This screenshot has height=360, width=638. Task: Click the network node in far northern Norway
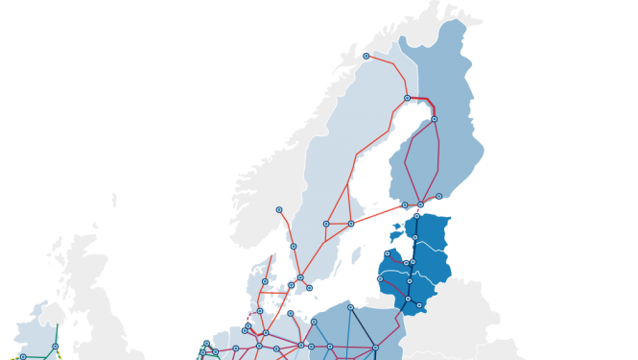pyautogui.click(x=366, y=56)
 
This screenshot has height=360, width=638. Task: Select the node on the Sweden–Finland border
pyautogui.click(x=407, y=98)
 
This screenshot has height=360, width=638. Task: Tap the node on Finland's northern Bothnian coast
pyautogui.click(x=434, y=119)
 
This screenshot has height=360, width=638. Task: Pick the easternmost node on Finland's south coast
pyautogui.click(x=439, y=196)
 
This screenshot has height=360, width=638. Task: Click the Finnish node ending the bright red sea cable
pyautogui.click(x=404, y=204)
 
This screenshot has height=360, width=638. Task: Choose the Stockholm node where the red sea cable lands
pyautogui.click(x=351, y=224)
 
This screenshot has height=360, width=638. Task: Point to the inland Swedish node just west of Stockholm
pyautogui.click(x=326, y=224)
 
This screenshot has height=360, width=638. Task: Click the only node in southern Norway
pyautogui.click(x=279, y=209)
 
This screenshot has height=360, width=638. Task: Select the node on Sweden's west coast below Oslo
pyautogui.click(x=294, y=247)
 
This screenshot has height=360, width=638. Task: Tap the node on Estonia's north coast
pyautogui.click(x=416, y=215)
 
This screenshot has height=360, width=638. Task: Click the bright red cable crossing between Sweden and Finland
pyautogui.click(x=377, y=214)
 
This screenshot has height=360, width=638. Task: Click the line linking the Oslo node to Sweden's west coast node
pyautogui.click(x=287, y=227)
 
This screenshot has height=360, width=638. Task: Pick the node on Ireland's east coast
pyautogui.click(x=56, y=346)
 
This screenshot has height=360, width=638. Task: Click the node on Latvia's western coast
pyautogui.click(x=380, y=278)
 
